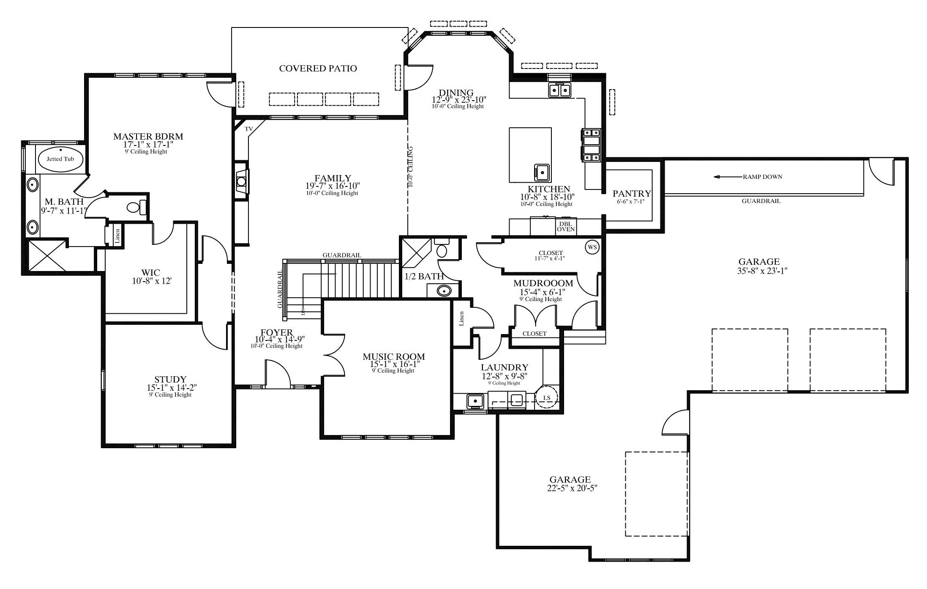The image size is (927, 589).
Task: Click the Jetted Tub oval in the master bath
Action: tap(60, 159)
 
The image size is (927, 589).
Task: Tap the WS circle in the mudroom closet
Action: tap(592, 247)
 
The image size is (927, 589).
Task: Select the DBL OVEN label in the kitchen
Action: tap(566, 227)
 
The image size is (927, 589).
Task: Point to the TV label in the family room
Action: tap(249, 129)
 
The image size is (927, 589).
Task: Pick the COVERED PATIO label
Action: tap(318, 68)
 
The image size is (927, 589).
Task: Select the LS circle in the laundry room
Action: tap(547, 397)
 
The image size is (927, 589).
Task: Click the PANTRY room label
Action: tap(632, 194)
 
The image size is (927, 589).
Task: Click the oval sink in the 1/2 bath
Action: tap(443, 291)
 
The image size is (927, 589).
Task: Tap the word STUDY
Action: tap(170, 380)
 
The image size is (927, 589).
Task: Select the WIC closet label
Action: tap(151, 273)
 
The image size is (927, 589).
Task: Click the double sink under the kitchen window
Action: tap(559, 90)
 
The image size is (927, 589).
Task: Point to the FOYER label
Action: tap(277, 333)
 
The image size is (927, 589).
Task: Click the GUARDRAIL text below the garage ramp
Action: tap(761, 201)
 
